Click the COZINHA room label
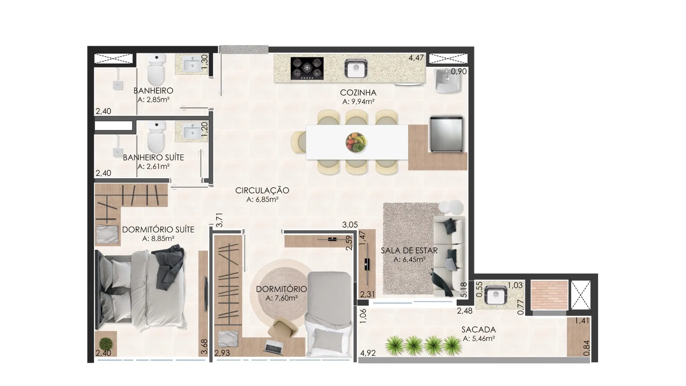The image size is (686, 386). pyautogui.click(x=358, y=93)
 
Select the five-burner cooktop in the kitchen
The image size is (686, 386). pyautogui.click(x=307, y=68)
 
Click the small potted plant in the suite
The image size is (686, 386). pyautogui.click(x=106, y=344)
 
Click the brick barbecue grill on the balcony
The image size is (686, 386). pyautogui.click(x=549, y=295)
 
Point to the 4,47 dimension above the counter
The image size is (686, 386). pyautogui.click(x=416, y=58)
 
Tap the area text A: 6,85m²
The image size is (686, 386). pyautogui.click(x=262, y=199)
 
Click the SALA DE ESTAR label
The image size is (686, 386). pyautogui.click(x=409, y=251)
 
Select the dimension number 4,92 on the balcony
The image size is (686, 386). pyautogui.click(x=368, y=353)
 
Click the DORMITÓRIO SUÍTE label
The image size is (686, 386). pyautogui.click(x=158, y=229)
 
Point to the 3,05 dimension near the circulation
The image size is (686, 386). pyautogui.click(x=350, y=225)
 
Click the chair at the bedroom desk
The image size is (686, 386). pyautogui.click(x=284, y=326)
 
